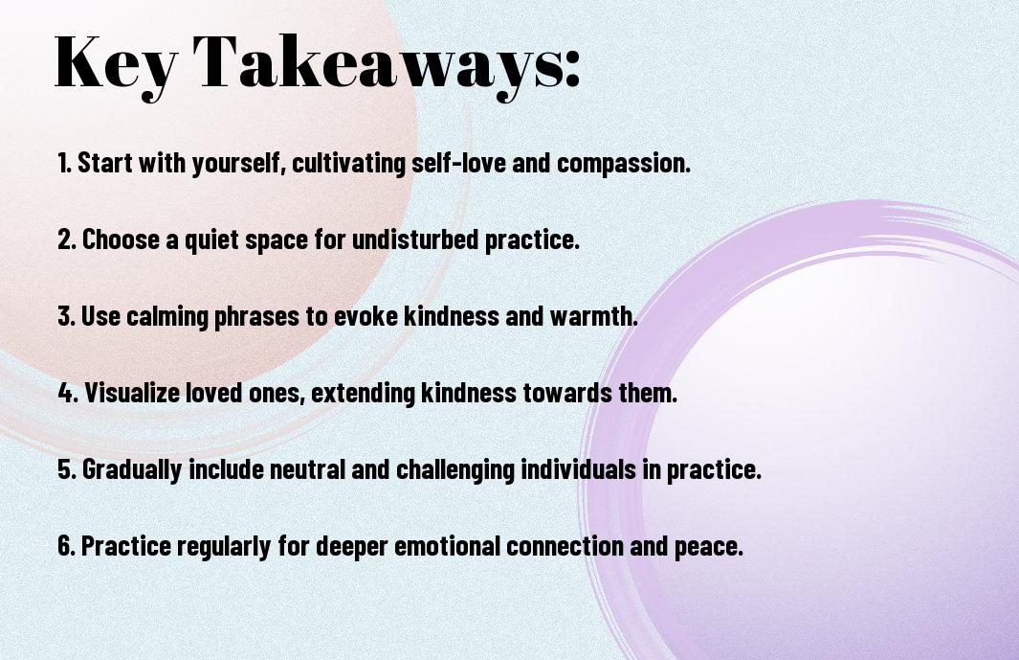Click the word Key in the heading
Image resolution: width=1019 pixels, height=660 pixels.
(115, 64)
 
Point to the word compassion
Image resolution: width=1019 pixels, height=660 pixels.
(623, 164)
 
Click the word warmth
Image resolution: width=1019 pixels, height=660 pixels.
(593, 316)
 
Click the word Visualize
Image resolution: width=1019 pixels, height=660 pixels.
(132, 393)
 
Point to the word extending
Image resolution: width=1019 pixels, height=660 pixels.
(364, 394)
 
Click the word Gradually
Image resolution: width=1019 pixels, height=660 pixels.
(131, 470)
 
